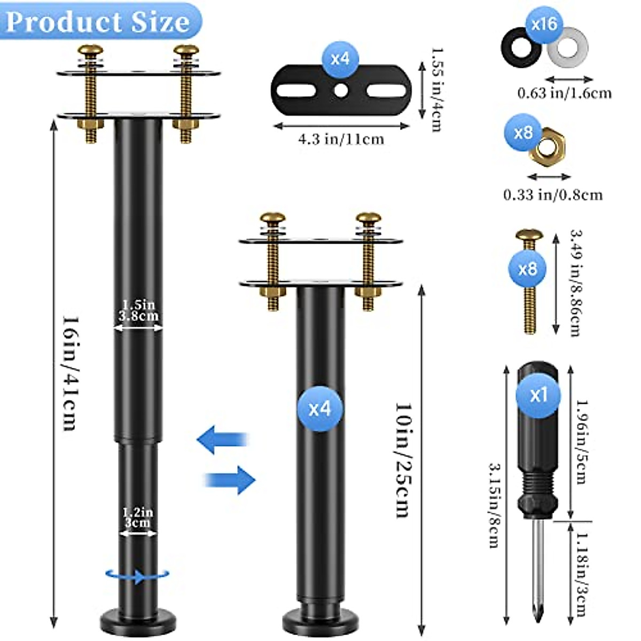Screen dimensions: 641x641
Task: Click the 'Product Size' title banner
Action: point(99,21)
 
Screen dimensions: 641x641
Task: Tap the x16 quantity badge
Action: point(544,24)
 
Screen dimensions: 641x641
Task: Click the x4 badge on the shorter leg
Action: point(320,409)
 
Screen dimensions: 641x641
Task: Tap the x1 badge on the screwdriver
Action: point(538,395)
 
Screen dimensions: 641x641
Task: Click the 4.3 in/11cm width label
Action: point(341,139)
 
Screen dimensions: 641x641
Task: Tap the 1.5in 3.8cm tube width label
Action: point(138,310)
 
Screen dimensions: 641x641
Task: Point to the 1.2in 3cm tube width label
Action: point(138,518)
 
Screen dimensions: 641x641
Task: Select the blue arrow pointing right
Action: point(231,479)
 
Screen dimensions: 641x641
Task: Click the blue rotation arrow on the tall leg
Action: point(138,575)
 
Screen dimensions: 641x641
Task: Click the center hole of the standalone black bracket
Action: point(340,90)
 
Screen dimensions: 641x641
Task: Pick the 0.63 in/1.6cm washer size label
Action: point(565,93)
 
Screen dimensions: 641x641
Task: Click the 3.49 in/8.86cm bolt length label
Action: point(575,283)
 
